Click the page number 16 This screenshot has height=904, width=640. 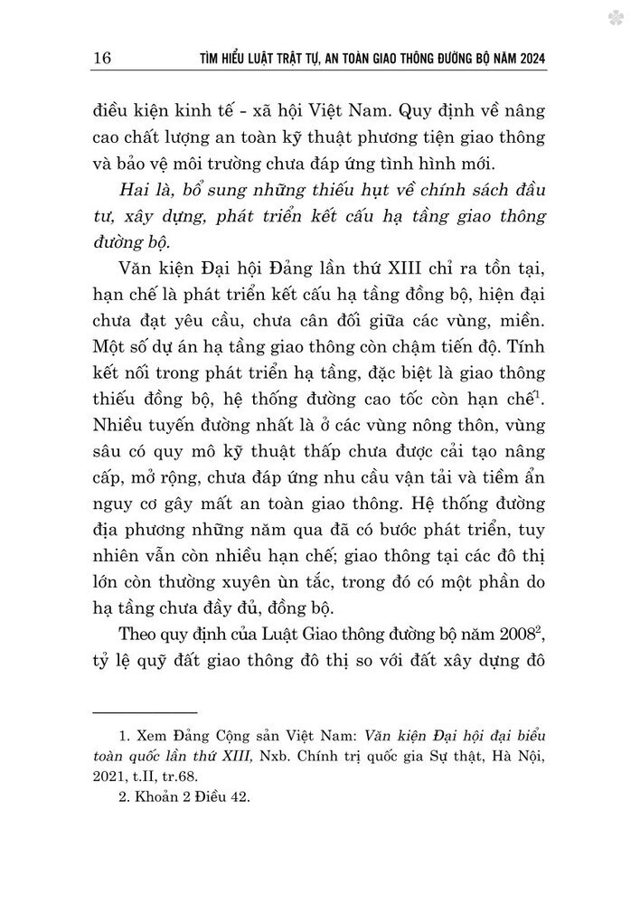point(102,59)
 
